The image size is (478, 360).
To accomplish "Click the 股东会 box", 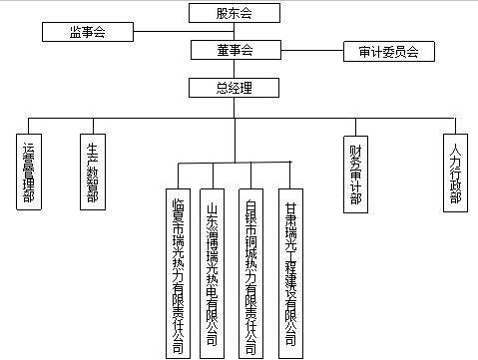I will tap(234, 13).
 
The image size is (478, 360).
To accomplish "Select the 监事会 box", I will tap(88, 32).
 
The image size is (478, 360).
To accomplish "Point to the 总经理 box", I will tap(234, 88).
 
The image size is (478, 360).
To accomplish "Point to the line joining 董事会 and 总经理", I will tap(234, 69).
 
